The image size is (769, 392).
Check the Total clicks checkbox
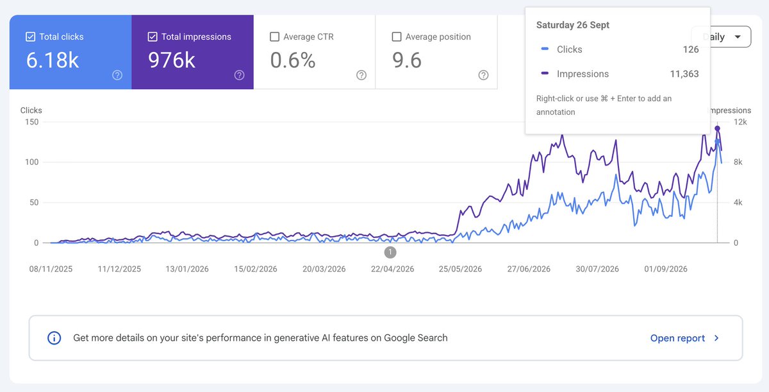pyautogui.click(x=31, y=37)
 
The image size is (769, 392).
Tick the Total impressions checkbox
pyautogui.click(x=153, y=37)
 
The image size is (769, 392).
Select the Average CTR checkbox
pyautogui.click(x=275, y=37)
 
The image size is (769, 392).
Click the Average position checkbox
pyautogui.click(x=397, y=37)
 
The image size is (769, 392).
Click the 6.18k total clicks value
pyautogui.click(x=53, y=60)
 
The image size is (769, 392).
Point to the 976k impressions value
pyautogui.click(x=172, y=60)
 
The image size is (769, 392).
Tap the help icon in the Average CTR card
pyautogui.click(x=361, y=75)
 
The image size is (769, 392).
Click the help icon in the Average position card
pyautogui.click(x=483, y=75)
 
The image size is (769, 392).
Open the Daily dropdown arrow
pyautogui.click(x=738, y=37)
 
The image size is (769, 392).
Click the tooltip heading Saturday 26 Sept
pyautogui.click(x=573, y=25)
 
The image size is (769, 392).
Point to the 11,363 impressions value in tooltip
pyautogui.click(x=684, y=74)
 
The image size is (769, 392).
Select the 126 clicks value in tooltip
pyautogui.click(x=691, y=49)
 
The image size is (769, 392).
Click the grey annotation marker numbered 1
pyautogui.click(x=390, y=252)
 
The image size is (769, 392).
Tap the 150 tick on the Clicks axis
pyautogui.click(x=31, y=122)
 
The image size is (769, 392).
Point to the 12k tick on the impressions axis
pyautogui.click(x=740, y=122)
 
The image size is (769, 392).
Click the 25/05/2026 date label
pyautogui.click(x=460, y=269)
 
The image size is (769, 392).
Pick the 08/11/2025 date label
pyautogui.click(x=51, y=269)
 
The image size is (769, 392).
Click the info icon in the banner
pyautogui.click(x=54, y=338)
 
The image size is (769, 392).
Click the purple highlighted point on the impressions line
pyautogui.click(x=717, y=128)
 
